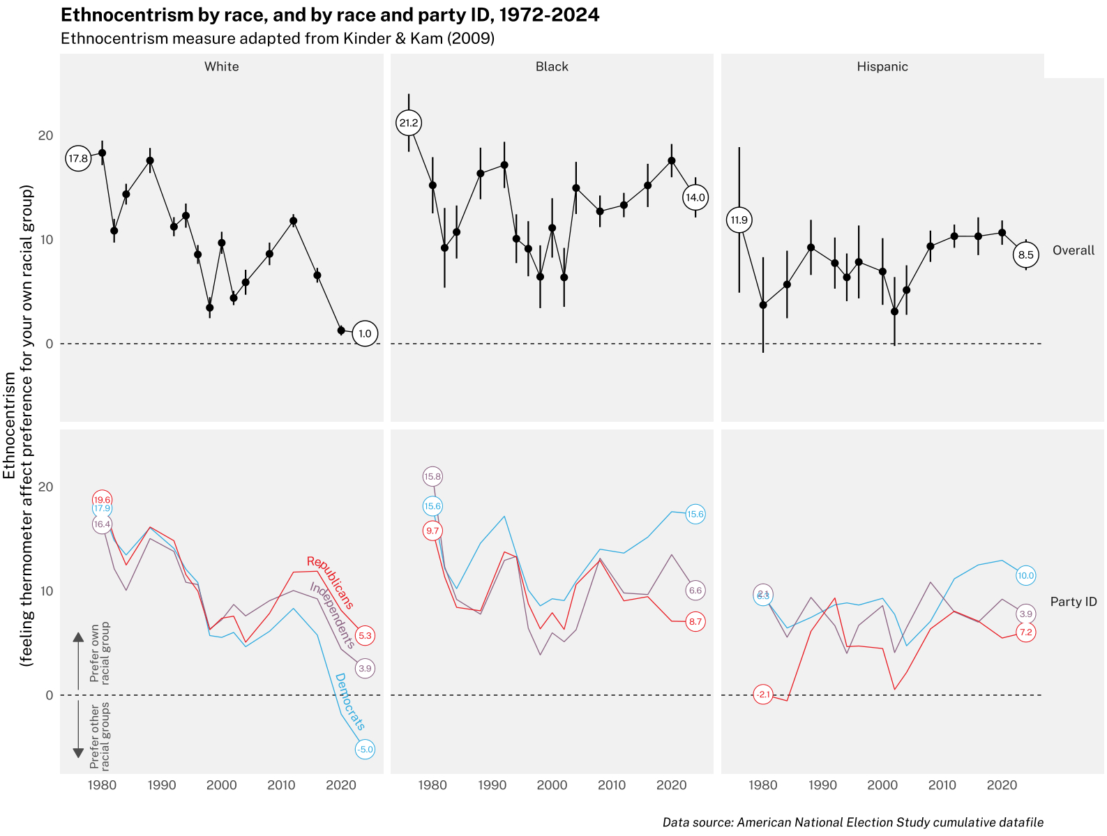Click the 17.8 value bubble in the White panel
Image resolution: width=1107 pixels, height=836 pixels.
coord(78,159)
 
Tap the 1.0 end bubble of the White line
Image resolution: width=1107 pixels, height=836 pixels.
coord(365,334)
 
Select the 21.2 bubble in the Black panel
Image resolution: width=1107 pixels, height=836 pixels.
coord(409,123)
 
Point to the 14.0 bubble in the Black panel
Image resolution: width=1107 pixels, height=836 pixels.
coord(695,197)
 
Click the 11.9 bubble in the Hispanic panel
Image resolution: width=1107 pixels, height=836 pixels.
coord(739,220)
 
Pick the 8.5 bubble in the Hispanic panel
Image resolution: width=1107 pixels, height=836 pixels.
coord(1025,255)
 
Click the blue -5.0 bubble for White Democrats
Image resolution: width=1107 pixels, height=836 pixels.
coord(365,750)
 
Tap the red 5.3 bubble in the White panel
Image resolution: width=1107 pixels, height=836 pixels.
coord(365,636)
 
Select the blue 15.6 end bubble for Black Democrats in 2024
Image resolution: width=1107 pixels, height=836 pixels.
coord(695,515)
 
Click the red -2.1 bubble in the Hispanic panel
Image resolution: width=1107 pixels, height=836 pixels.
coord(763,694)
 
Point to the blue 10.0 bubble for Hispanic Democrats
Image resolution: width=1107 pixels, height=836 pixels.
coord(1025,576)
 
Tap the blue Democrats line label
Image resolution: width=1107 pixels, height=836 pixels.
coord(350,701)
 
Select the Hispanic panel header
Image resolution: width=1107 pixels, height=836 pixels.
coord(882,67)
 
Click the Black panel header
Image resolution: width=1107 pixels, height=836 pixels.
coord(552,67)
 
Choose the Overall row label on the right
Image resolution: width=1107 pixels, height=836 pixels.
coord(1073,250)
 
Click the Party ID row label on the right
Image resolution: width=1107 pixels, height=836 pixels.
coord(1073,602)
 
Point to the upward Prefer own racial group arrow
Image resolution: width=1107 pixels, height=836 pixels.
coord(78,659)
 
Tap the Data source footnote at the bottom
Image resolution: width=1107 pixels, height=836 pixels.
coord(852,823)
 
